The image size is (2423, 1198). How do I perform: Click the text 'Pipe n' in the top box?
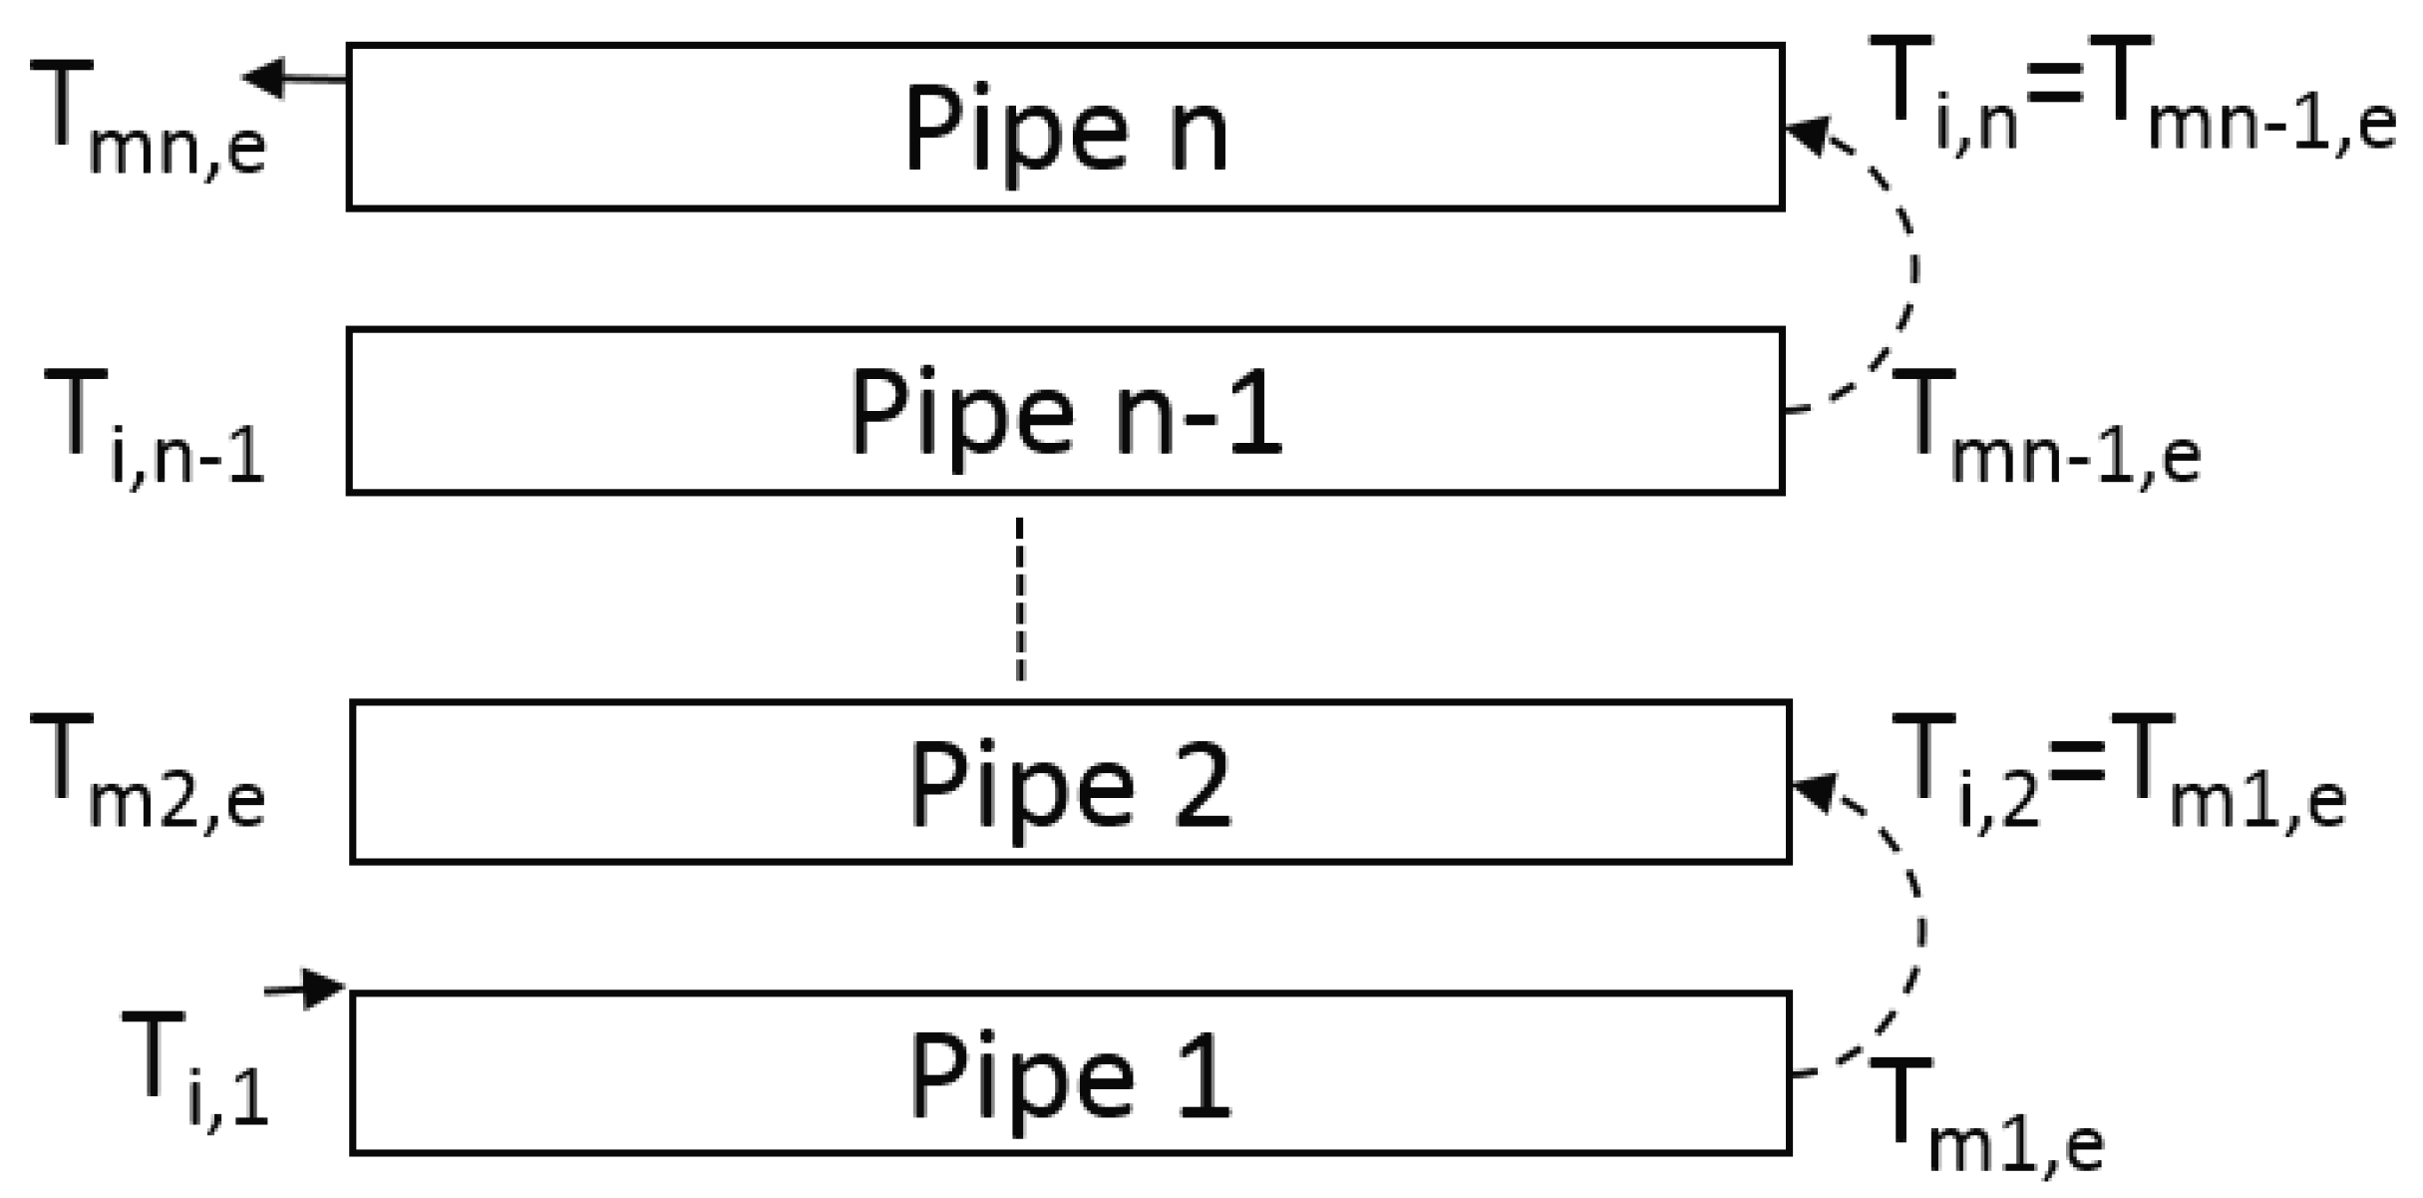[x=1065, y=130]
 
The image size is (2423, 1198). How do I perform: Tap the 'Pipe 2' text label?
[x=1069, y=786]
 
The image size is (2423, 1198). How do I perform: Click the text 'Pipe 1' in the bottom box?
[x=1069, y=1077]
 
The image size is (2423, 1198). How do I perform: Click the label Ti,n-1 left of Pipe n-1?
[x=155, y=426]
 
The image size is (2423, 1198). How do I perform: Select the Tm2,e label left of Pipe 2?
[x=148, y=770]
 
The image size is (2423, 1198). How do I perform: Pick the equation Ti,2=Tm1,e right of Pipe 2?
[x=2124, y=770]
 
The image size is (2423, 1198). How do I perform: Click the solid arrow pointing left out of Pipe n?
[x=294, y=78]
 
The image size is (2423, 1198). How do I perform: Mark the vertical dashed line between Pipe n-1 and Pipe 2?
[x=1019, y=599]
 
